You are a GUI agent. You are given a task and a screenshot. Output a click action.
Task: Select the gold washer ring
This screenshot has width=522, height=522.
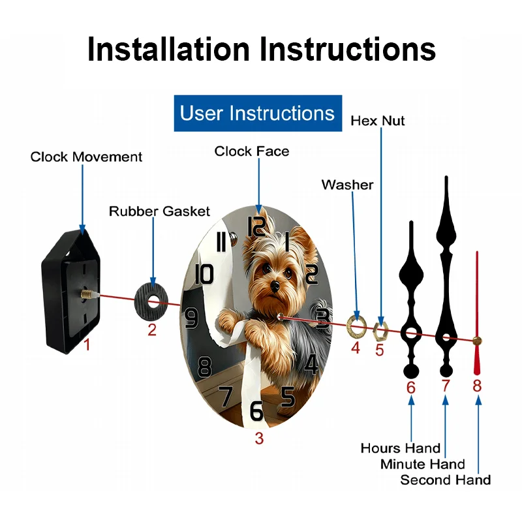tap(356, 324)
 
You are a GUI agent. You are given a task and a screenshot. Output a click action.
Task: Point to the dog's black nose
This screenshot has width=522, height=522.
tap(277, 286)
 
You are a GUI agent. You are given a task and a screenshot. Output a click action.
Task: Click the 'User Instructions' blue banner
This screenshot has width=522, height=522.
tap(257, 114)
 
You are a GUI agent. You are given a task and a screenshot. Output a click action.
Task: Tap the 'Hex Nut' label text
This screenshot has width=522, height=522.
tap(377, 121)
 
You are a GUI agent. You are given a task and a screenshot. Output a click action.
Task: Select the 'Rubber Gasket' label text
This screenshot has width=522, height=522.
tap(159, 211)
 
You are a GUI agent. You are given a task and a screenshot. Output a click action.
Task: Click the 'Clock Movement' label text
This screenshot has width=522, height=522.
tap(86, 157)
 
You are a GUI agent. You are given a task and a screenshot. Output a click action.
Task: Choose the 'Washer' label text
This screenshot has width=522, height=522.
tap(347, 185)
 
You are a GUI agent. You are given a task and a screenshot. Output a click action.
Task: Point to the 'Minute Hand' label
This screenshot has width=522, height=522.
tap(423, 464)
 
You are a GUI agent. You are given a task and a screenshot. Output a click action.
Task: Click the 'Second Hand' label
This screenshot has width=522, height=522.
tap(445, 480)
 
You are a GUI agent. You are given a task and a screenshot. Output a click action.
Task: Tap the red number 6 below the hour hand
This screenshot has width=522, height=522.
tap(410, 387)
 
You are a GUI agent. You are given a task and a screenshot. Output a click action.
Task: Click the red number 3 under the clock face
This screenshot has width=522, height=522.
tap(259, 438)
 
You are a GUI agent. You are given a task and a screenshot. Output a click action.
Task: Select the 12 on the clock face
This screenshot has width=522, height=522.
tap(256, 226)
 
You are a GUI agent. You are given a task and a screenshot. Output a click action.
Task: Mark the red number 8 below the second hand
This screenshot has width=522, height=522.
tap(477, 386)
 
